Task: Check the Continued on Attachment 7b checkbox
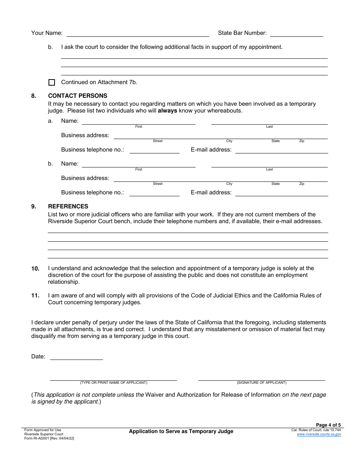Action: pyautogui.click(x=52, y=82)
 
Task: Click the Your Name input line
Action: pyautogui.click(x=138, y=34)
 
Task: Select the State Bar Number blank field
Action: pyautogui.click(x=296, y=34)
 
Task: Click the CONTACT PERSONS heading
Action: pyautogui.click(x=77, y=96)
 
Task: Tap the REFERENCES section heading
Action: pyautogui.click(x=68, y=206)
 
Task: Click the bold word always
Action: pyautogui.click(x=167, y=111)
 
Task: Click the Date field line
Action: pyautogui.click(x=76, y=357)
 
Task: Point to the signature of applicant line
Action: pyautogui.click(x=261, y=378)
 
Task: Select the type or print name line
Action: pyautogui.click(x=113, y=378)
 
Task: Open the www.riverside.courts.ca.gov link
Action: pyautogui.click(x=319, y=434)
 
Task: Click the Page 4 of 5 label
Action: pyautogui.click(x=328, y=425)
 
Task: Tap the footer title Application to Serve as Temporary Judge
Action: pyautogui.click(x=181, y=431)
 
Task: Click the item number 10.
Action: pyautogui.click(x=35, y=269)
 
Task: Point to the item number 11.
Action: pyautogui.click(x=35, y=296)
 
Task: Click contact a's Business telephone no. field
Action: pyautogui.click(x=154, y=150)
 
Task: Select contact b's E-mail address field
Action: pyautogui.click(x=281, y=193)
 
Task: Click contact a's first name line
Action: pyautogui.click(x=138, y=122)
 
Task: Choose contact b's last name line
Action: pyautogui.click(x=269, y=164)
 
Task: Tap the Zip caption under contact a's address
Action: pyautogui.click(x=302, y=141)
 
